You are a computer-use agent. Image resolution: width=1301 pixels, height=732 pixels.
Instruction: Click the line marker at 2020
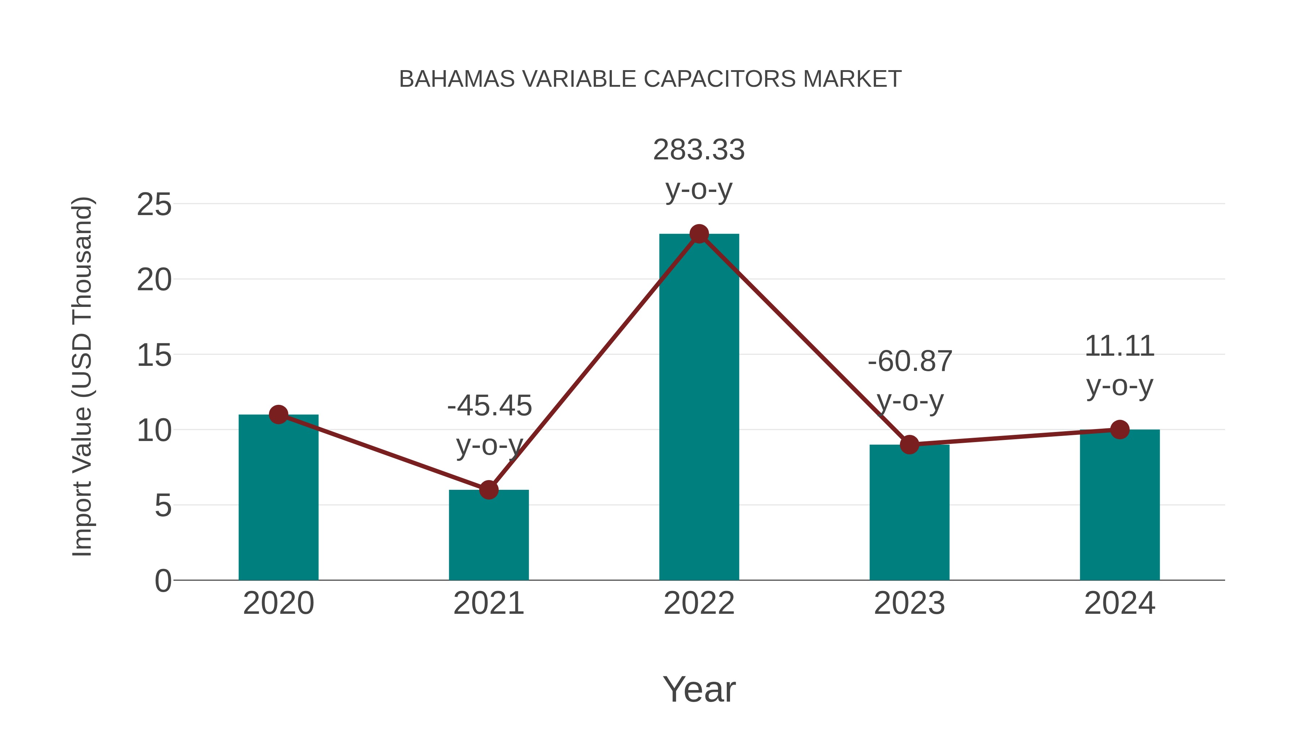(278, 415)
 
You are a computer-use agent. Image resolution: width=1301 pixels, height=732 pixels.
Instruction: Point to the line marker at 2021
(488, 489)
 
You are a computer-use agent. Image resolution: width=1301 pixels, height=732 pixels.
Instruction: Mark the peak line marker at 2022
(699, 234)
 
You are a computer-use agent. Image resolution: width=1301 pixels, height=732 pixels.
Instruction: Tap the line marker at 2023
(909, 445)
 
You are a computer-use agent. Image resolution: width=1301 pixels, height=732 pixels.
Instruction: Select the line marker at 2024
(1120, 429)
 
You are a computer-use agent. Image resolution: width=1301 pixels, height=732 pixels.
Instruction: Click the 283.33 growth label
(699, 150)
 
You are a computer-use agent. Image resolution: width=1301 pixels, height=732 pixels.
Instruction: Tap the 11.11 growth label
(1120, 347)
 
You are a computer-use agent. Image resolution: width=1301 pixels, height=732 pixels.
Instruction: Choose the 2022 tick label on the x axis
(699, 603)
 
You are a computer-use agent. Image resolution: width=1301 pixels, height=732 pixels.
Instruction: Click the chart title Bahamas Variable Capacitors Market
(650, 79)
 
